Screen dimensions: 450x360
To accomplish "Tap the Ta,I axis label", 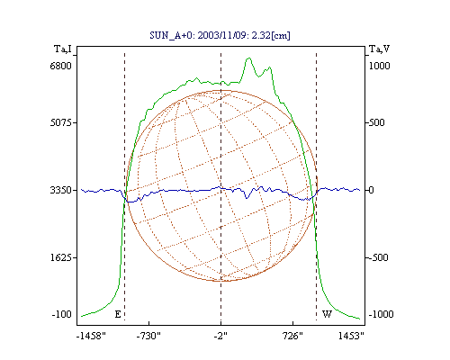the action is (62, 49).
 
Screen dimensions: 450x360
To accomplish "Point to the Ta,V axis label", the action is (379, 49).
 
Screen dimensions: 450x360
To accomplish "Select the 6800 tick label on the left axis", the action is (60, 66).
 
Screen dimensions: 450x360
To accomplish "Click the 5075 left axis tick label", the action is (60, 122).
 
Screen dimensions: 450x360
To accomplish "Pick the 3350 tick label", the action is (60, 190).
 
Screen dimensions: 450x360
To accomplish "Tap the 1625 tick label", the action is (61, 257).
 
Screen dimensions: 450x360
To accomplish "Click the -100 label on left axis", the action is (62, 314).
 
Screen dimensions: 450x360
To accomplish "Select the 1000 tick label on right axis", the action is (379, 66).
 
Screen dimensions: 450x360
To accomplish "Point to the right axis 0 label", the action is (371, 190).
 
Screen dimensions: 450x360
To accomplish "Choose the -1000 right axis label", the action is (381, 314).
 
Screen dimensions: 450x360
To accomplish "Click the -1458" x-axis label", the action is (91, 336).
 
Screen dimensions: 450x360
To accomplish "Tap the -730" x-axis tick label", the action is (148, 336).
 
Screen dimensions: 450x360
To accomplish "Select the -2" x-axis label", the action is (220, 336).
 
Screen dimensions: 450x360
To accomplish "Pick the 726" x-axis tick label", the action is (292, 336).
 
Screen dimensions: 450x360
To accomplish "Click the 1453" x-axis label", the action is (351, 336).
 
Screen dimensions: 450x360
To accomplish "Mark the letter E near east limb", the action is (118, 314).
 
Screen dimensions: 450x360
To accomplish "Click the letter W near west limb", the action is (327, 314).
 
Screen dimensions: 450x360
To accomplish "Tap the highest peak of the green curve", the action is (248, 58).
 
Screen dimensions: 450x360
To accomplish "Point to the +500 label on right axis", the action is (376, 122).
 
